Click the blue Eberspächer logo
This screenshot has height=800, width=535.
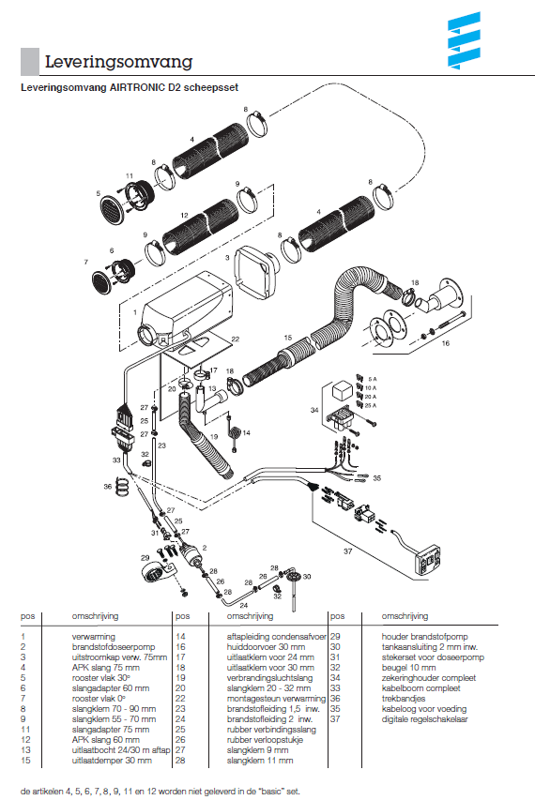[464, 40]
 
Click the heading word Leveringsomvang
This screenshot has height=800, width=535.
[119, 62]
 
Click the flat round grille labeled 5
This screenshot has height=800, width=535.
[112, 208]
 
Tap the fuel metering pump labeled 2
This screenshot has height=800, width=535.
[190, 554]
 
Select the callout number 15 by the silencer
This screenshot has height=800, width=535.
[288, 338]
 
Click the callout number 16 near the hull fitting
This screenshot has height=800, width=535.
[446, 343]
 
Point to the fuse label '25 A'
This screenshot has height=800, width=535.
[371, 405]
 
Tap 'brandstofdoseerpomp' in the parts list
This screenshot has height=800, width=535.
[114, 647]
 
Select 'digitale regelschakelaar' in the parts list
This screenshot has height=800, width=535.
[425, 719]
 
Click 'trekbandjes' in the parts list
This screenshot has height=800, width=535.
[404, 699]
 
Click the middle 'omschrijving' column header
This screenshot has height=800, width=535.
[251, 616]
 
